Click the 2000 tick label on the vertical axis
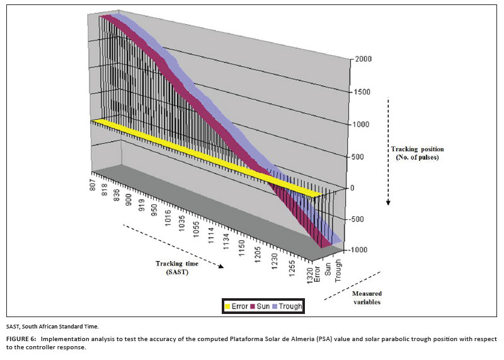364,59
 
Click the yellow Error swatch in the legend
229,306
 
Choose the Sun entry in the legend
260,306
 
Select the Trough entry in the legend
287,306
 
